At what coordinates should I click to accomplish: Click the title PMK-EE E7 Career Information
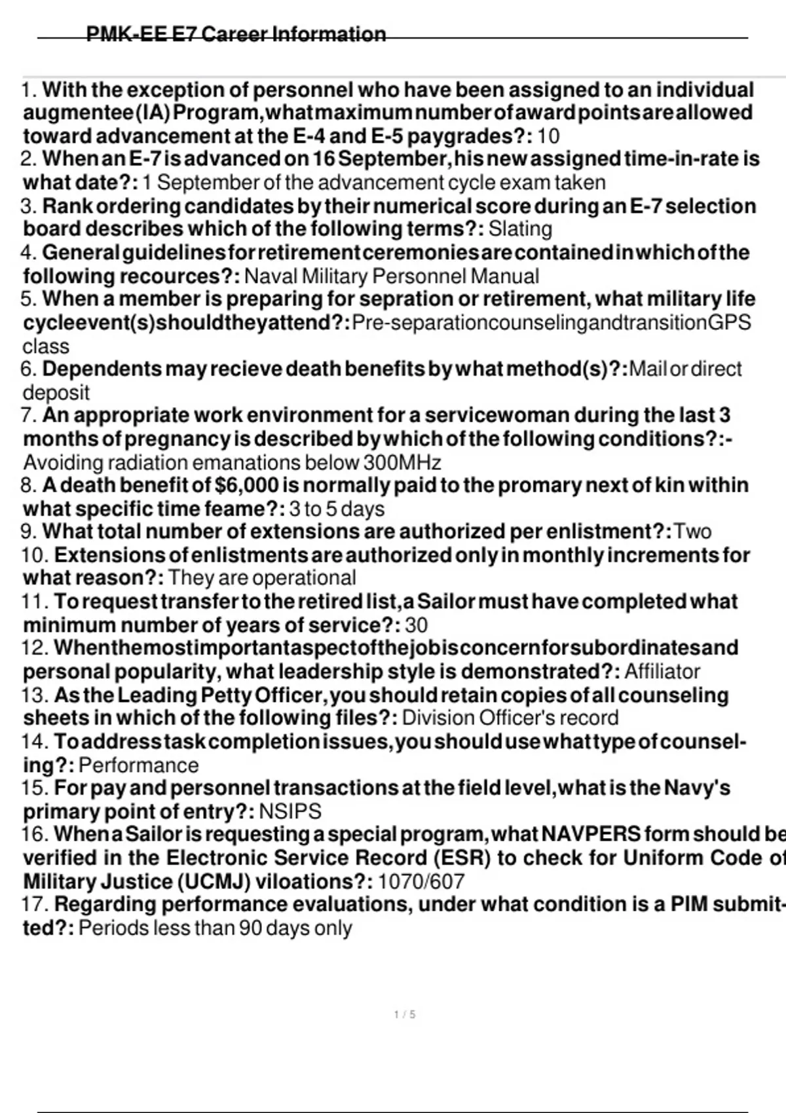(236, 34)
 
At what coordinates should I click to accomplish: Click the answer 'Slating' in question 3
(520, 229)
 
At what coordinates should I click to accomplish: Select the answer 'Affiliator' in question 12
(662, 672)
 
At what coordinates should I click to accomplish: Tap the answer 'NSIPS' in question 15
(290, 812)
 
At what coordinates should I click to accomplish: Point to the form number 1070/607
(421, 882)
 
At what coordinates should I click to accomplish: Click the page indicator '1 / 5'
(405, 1015)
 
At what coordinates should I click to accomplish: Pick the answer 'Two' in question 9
(692, 531)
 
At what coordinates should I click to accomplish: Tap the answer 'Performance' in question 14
(138, 765)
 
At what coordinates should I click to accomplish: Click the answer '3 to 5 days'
(337, 509)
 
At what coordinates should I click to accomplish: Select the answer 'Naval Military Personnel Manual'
(391, 276)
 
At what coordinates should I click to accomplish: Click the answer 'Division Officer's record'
(510, 718)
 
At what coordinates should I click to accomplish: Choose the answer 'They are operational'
(262, 578)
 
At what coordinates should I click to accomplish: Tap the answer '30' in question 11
(416, 625)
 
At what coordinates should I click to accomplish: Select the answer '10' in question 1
(548, 136)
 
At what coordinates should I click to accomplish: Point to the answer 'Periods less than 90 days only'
(215, 928)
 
